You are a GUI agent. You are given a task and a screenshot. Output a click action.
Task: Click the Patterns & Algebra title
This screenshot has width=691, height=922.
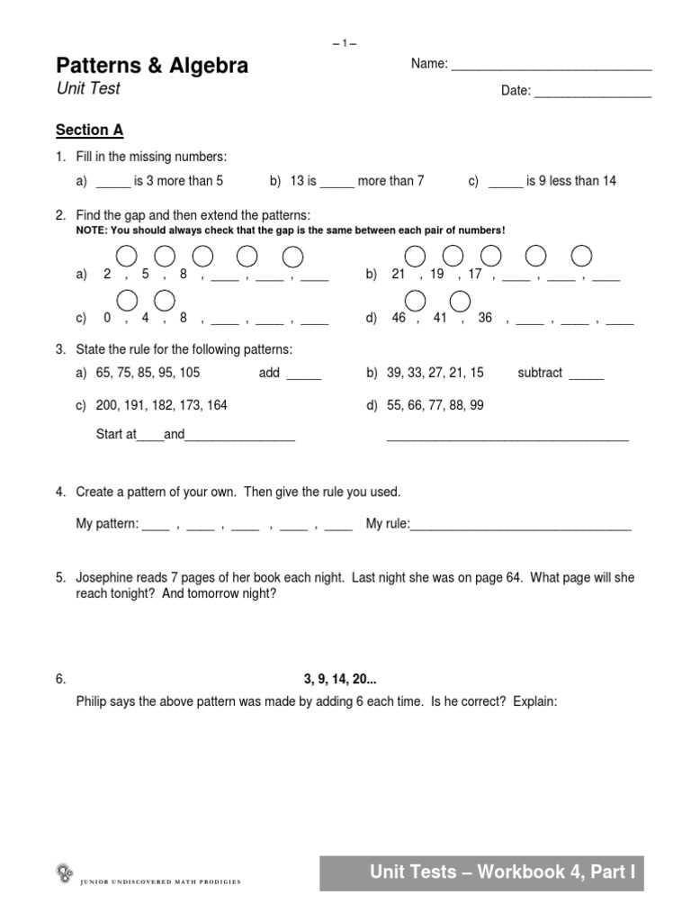coord(152,66)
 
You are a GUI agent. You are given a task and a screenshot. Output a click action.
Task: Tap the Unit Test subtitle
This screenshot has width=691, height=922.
coord(87,89)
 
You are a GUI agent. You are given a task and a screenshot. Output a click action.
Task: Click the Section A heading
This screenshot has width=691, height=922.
coord(89,131)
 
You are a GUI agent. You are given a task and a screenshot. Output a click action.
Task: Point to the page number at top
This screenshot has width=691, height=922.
coord(345,43)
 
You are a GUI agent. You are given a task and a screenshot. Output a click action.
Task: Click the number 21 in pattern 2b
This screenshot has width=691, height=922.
coord(399,275)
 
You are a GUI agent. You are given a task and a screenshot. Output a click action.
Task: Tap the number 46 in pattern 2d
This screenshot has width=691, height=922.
coord(399,318)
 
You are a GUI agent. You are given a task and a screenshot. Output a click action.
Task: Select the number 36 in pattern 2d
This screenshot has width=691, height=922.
coord(485,318)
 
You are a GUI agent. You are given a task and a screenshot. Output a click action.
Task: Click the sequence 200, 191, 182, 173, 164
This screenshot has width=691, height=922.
coord(162,406)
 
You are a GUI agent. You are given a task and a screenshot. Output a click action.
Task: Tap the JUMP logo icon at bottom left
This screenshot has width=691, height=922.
coord(64,872)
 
